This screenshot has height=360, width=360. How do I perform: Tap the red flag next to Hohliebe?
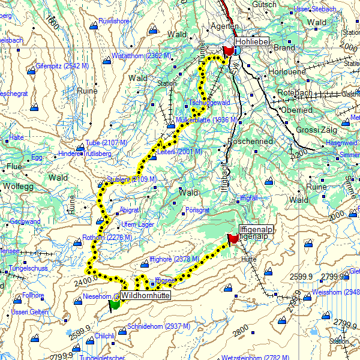[227, 53]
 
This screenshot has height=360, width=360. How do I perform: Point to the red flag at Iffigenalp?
[233, 239]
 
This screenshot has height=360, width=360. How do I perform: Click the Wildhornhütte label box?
[145, 296]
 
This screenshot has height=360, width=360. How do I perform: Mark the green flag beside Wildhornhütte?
[114, 304]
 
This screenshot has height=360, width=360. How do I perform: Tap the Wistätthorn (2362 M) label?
[142, 56]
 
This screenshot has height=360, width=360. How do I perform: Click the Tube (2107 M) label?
[106, 142]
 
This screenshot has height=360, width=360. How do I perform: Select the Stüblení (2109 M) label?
[131, 179]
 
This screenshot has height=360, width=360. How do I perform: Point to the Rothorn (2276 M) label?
[107, 238]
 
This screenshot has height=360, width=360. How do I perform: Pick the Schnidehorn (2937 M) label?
[159, 326]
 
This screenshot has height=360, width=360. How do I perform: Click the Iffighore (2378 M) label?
[174, 259]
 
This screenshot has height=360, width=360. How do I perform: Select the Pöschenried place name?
[250, 141]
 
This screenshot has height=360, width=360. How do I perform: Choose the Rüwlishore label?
[114, 22]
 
